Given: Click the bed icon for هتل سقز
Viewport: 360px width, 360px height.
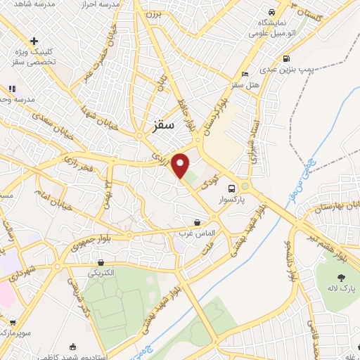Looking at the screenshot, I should pyautogui.click(x=245, y=75).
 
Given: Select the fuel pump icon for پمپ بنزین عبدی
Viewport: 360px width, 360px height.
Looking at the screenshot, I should pyautogui.click(x=285, y=59).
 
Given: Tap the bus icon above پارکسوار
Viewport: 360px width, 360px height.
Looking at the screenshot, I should pyautogui.click(x=231, y=188).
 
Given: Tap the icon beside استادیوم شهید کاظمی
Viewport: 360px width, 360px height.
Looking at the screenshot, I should pyautogui.click(x=73, y=346).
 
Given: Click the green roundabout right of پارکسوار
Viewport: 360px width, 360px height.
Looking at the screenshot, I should pyautogui.click(x=245, y=186).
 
